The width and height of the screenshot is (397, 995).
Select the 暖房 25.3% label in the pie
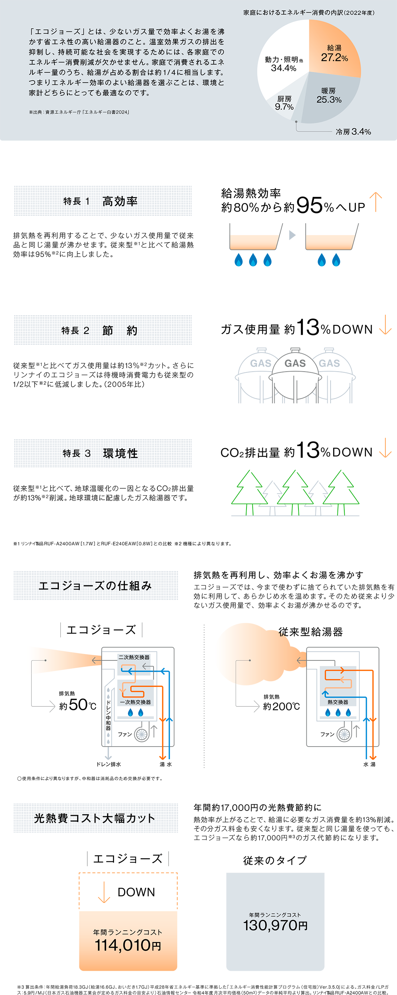click(x=329, y=95)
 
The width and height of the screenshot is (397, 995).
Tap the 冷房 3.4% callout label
click(x=353, y=132)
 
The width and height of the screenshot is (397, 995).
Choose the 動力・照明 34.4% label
click(x=284, y=64)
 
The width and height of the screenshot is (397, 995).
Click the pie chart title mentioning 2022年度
click(x=309, y=13)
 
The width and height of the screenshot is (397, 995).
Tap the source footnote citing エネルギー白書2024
click(x=79, y=112)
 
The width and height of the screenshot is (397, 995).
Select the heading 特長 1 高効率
click(x=101, y=201)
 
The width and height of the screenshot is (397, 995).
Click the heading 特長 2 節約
click(x=99, y=330)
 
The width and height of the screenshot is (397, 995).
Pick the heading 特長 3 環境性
click(x=100, y=453)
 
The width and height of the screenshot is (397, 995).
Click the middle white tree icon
click(x=295, y=488)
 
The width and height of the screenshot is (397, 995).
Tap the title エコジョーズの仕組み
click(x=95, y=585)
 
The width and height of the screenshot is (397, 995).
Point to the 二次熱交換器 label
click(x=134, y=657)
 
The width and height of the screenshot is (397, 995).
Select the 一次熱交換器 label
click(x=135, y=702)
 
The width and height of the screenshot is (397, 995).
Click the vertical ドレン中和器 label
click(x=108, y=715)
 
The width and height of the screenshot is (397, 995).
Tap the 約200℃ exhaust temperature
click(x=281, y=706)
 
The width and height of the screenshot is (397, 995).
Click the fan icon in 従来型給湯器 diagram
click(x=344, y=734)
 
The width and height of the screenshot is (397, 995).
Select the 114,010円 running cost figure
click(x=128, y=945)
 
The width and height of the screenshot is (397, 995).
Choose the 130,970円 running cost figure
click(x=275, y=925)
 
